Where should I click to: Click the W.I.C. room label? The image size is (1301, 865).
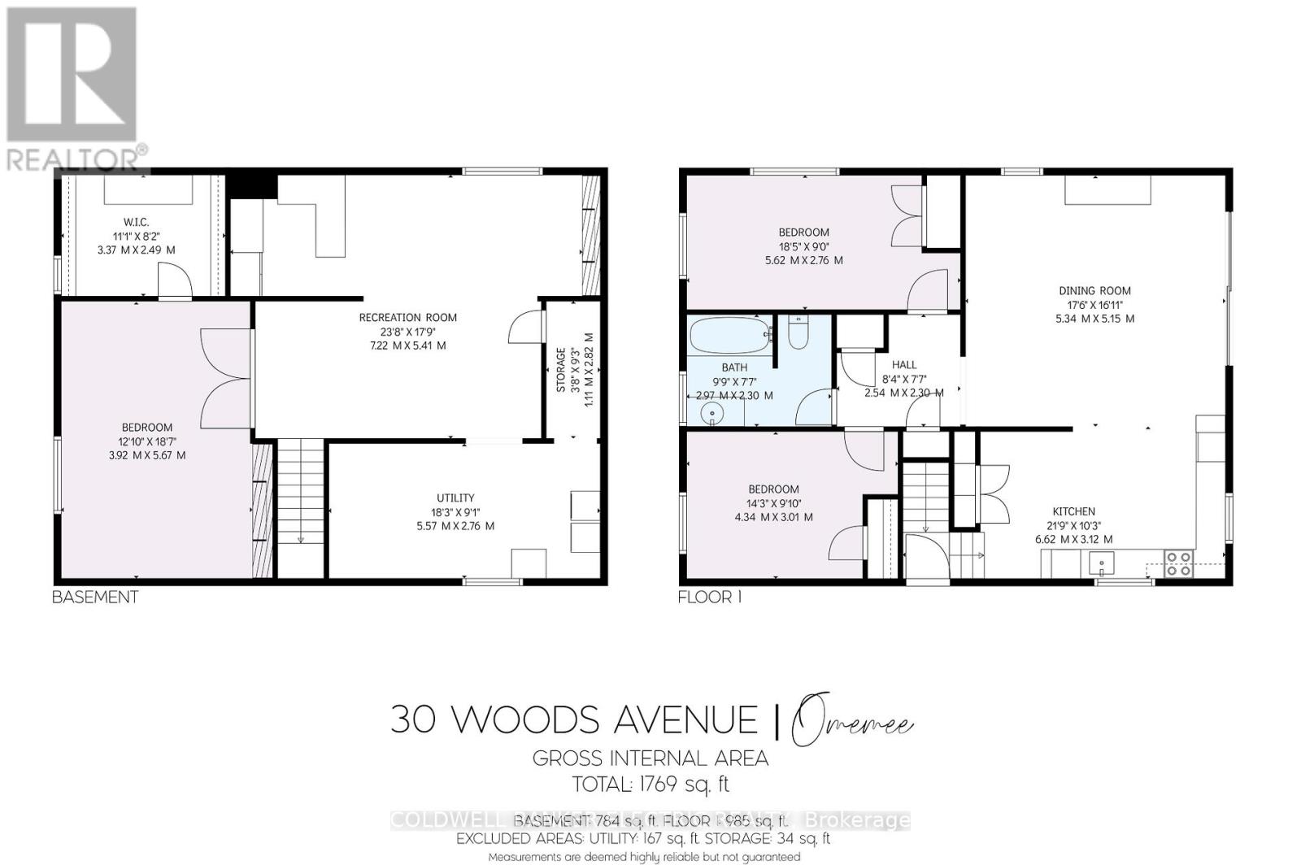136,222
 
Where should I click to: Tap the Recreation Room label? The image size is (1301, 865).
407,317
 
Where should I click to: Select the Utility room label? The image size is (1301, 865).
455,498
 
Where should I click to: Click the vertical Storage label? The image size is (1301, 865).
561,370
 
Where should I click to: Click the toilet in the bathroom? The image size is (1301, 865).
798,333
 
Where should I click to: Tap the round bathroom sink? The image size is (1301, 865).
713,415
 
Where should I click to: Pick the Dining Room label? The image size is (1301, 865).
1094,290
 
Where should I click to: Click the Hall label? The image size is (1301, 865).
903,365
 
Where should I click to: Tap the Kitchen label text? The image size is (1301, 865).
1073,511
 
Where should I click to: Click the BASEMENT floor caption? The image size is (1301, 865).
95,597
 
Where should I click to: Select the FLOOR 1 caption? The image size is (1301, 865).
710,597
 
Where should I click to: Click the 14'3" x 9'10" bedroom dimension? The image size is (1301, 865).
773,503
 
